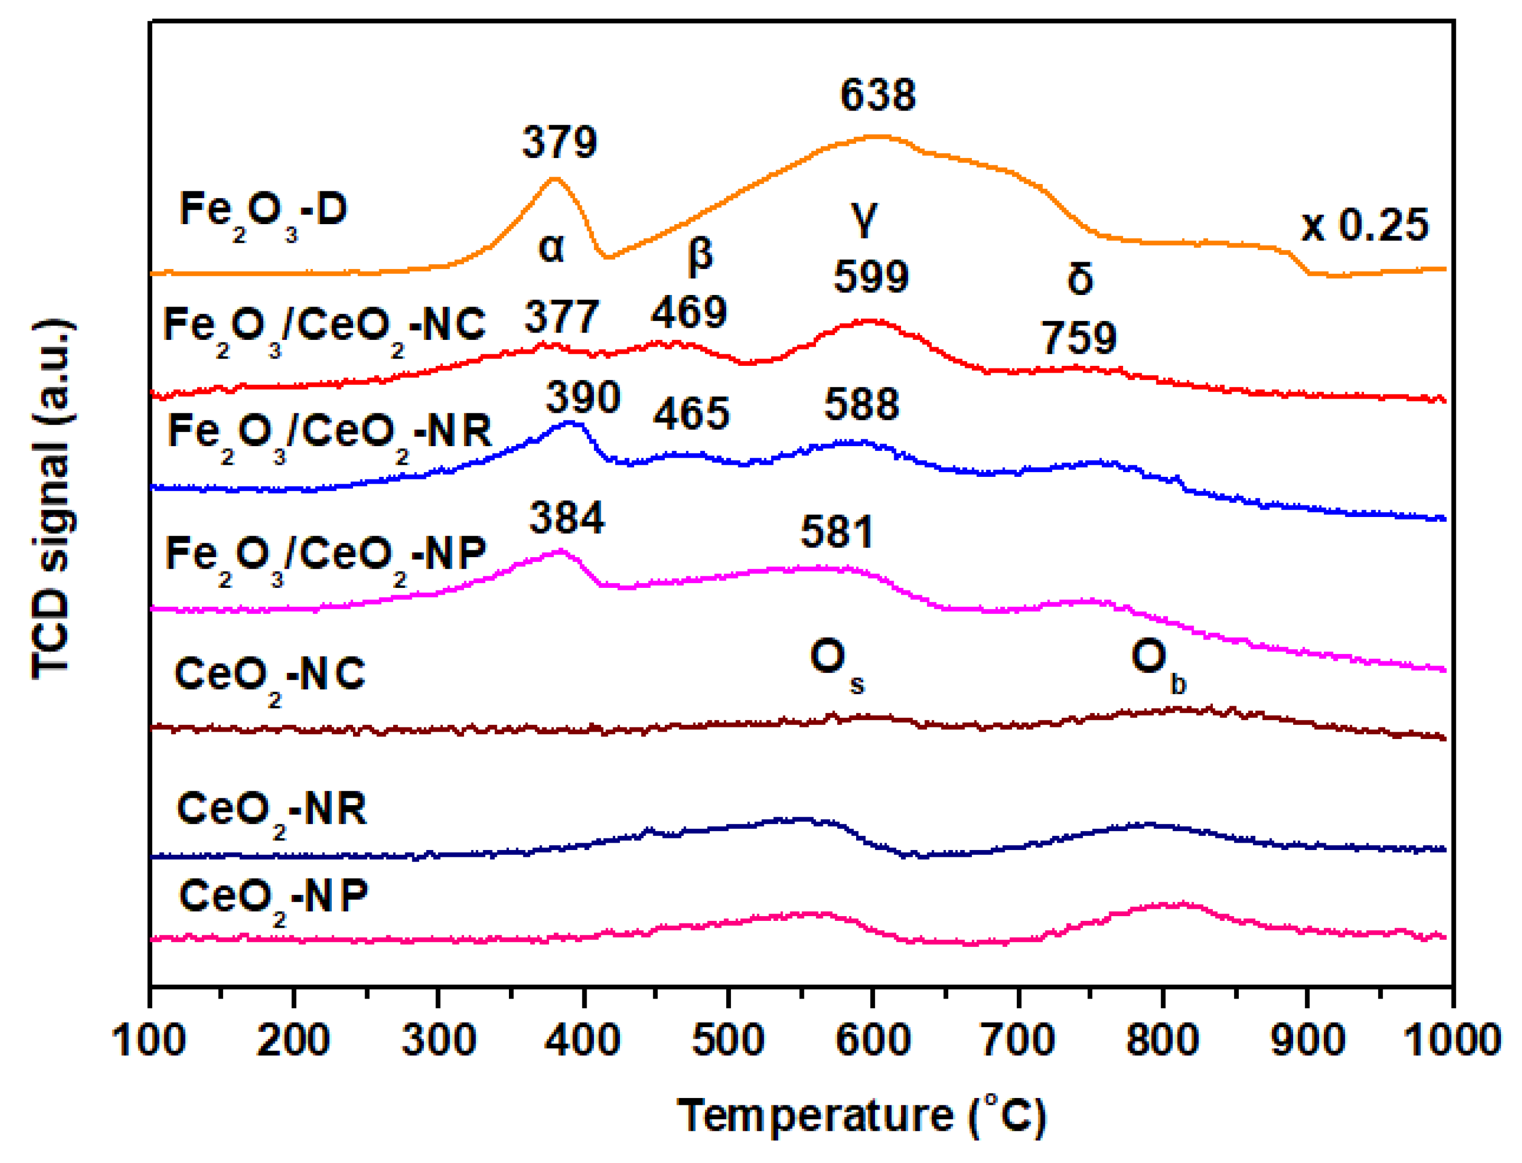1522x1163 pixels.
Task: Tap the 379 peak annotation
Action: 559,143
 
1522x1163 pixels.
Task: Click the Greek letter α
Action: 551,247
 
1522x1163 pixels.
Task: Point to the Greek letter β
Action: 700,255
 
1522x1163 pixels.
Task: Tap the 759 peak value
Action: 1079,338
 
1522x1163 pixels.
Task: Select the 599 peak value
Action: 871,277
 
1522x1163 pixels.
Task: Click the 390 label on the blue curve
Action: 583,398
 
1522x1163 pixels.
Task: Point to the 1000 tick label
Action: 1451,1040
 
